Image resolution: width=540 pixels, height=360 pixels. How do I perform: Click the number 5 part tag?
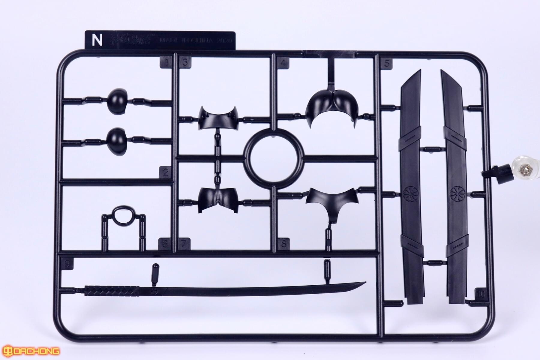coord(386,63)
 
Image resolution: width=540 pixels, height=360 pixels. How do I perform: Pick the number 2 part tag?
coord(166,173)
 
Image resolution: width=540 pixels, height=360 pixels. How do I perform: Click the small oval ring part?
coord(123,215)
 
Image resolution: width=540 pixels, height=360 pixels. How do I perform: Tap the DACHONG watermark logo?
coord(30,351)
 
